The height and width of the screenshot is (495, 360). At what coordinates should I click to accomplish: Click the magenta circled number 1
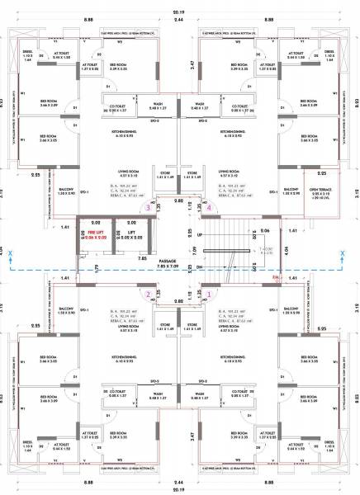[x=209, y=293]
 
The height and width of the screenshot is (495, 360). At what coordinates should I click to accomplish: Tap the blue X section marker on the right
[x=341, y=255]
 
